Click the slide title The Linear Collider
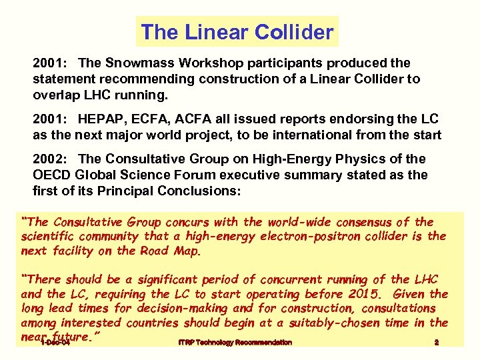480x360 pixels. coord(237,32)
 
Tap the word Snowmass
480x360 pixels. coord(132,63)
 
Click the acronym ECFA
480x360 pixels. coord(146,121)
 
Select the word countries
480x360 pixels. coord(181,323)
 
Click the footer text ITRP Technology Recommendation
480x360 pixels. coord(235,342)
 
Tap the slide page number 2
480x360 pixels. coord(436,342)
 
